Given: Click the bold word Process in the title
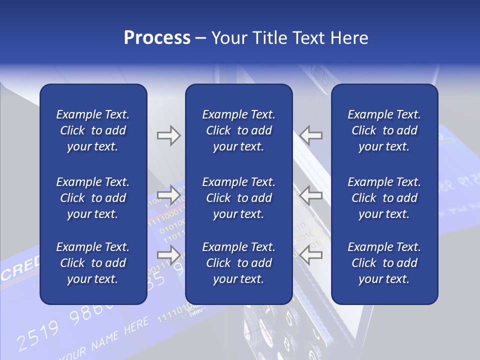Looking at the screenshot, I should pyautogui.click(x=157, y=38).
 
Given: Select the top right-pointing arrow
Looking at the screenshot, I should pyautogui.click(x=168, y=135).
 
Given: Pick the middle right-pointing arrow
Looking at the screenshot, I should pyautogui.click(x=168, y=194).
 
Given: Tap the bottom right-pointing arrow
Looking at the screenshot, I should pyautogui.click(x=168, y=255).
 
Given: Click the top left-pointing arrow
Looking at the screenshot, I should pyautogui.click(x=311, y=135).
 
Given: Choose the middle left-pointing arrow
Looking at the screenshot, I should pyautogui.click(x=311, y=194).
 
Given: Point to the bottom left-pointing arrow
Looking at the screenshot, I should pyautogui.click(x=311, y=255).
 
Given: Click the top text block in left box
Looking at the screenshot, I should pyautogui.click(x=93, y=130).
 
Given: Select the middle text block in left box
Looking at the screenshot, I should pyautogui.click(x=93, y=198).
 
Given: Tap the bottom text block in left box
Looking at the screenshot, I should pyautogui.click(x=93, y=263).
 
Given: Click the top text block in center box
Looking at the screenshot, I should pyautogui.click(x=238, y=130).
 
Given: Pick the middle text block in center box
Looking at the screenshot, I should pyautogui.click(x=238, y=198).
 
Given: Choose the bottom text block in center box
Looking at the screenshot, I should pyautogui.click(x=238, y=263).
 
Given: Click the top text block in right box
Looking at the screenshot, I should pyautogui.click(x=384, y=130).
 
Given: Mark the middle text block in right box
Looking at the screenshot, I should pyautogui.click(x=384, y=198).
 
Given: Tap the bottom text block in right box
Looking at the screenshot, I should pyautogui.click(x=384, y=263).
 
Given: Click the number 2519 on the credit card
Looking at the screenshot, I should pyautogui.click(x=37, y=335).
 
